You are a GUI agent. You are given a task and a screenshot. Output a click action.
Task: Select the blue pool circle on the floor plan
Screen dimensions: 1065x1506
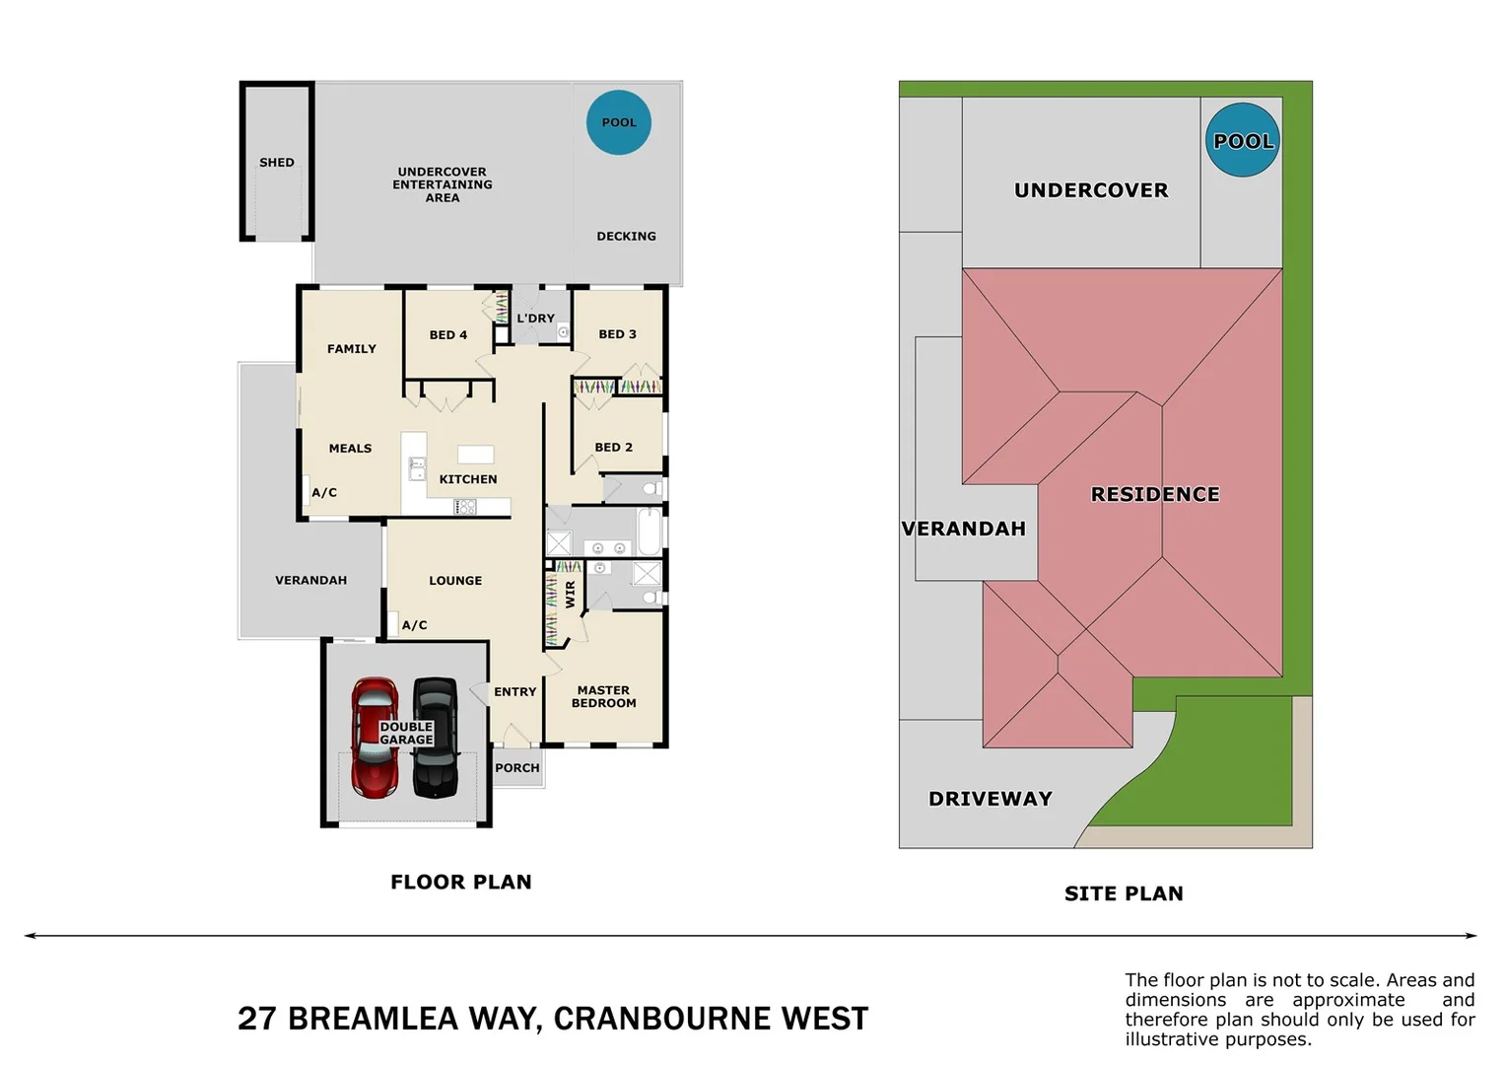(x=619, y=122)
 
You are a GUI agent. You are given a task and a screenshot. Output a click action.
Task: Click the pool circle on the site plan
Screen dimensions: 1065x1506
(x=1243, y=140)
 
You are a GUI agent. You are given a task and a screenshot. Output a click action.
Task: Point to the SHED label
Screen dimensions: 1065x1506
(x=277, y=163)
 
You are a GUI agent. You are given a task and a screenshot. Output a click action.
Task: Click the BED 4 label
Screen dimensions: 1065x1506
(x=448, y=335)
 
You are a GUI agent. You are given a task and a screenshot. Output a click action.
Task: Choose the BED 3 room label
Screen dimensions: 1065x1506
(x=618, y=334)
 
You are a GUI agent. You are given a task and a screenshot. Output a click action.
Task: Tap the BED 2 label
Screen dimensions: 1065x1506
(x=614, y=448)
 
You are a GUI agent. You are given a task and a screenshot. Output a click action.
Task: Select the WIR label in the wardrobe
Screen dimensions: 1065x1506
(x=571, y=594)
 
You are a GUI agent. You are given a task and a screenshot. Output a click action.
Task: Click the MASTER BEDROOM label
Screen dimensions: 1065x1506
(x=604, y=697)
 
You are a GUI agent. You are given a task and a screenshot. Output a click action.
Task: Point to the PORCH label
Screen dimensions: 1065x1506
(x=517, y=768)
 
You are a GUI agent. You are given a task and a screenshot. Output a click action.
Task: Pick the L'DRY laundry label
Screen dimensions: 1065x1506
(x=536, y=319)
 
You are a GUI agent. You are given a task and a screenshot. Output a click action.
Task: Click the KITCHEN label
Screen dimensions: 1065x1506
(x=468, y=479)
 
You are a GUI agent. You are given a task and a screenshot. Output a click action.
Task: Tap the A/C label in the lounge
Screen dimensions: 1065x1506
(x=415, y=625)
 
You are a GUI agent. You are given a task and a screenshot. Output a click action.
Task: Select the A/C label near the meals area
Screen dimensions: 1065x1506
(x=324, y=493)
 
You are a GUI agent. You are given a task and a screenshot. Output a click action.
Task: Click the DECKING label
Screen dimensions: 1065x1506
(x=626, y=237)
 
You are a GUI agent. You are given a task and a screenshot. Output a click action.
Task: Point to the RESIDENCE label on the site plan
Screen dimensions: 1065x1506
(x=1155, y=494)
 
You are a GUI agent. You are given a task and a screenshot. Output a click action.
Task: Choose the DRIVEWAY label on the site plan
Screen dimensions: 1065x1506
(x=991, y=799)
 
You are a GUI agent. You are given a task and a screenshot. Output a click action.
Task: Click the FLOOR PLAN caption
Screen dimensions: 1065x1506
(x=461, y=882)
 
